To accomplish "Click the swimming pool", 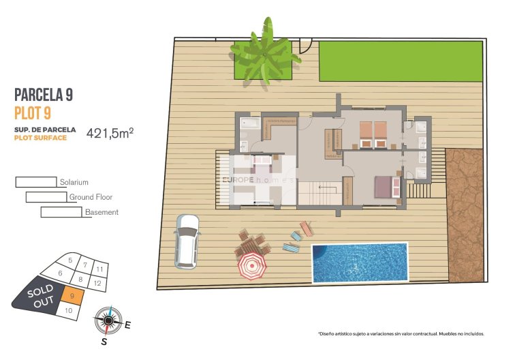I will tap(360, 262).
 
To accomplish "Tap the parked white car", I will tap(186, 240).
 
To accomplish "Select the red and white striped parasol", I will tap(251, 267).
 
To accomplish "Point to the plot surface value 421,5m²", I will tap(110, 133).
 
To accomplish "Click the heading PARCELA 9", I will tap(43, 95).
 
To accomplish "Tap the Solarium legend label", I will tap(74, 182).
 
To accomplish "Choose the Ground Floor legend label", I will tap(91, 197).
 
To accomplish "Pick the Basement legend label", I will tap(102, 212).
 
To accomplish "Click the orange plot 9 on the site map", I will tap(72, 296).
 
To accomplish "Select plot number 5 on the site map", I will tap(70, 260).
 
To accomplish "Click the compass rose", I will tap(108, 319).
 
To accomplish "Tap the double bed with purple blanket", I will tap(385, 186).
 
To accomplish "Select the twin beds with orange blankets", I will tap(373, 134).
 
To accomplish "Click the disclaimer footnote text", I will tap(401, 334).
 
